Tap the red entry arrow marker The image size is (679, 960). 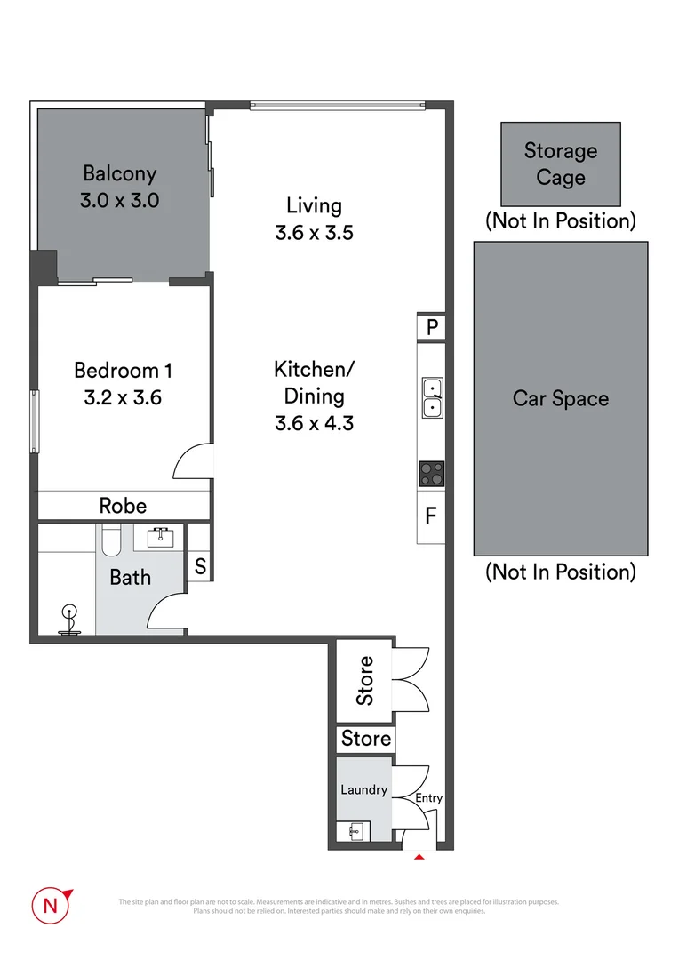[420, 855]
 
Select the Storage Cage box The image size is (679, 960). [560, 164]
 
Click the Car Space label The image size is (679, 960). [561, 398]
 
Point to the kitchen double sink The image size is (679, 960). [432, 397]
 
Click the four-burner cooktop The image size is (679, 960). [432, 474]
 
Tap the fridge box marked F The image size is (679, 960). [431, 515]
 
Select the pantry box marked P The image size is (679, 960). [432, 327]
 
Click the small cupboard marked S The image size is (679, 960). [200, 566]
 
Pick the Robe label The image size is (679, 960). [123, 506]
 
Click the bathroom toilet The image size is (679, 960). [110, 540]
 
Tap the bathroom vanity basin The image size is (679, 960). [160, 537]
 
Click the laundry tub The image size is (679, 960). [355, 831]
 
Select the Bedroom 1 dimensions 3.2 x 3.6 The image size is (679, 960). [123, 397]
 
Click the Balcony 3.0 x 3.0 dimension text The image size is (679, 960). [119, 200]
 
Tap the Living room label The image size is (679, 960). [314, 205]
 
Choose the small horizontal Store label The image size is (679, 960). [366, 738]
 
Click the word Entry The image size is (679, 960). [429, 798]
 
